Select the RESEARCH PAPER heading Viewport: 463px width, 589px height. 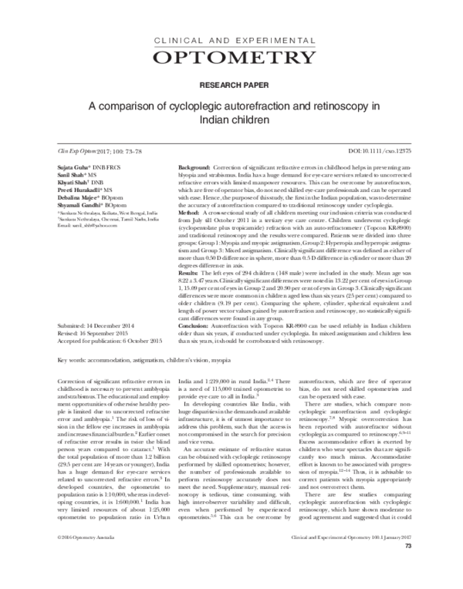pyautogui.click(x=231, y=84)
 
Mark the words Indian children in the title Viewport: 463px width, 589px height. pyautogui.click(x=231, y=121)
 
